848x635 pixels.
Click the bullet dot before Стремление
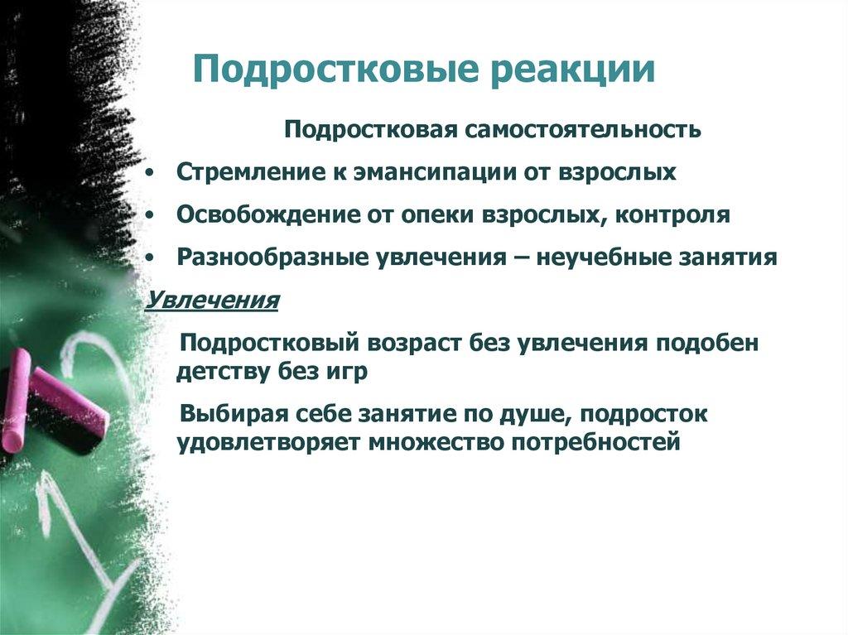(147, 173)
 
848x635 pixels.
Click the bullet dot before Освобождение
(147, 215)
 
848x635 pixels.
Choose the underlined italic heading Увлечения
(212, 299)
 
